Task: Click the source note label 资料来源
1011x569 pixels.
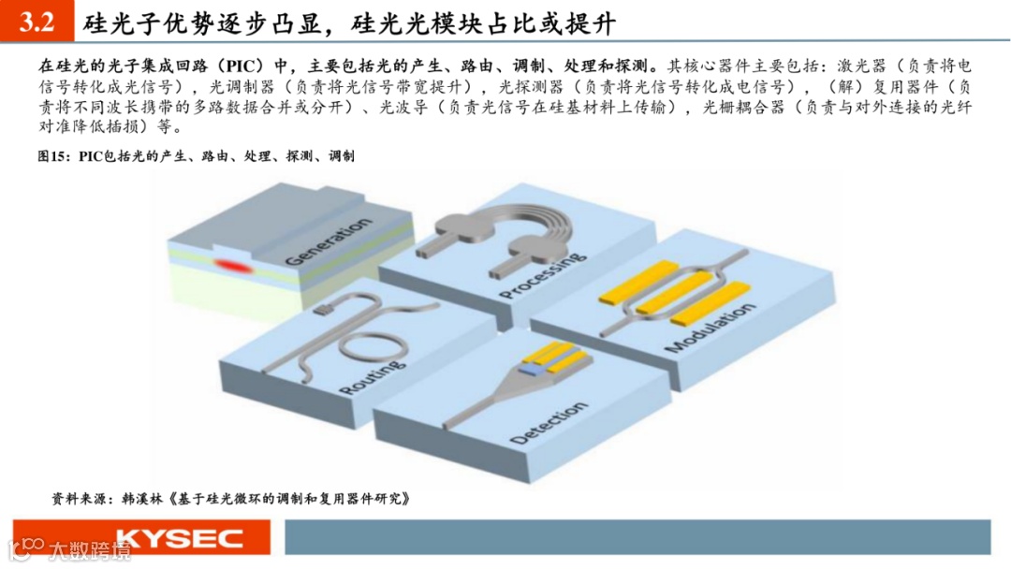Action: tap(81, 499)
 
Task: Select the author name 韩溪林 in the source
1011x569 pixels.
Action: tap(143, 499)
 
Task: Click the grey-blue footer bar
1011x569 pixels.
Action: tap(636, 537)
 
